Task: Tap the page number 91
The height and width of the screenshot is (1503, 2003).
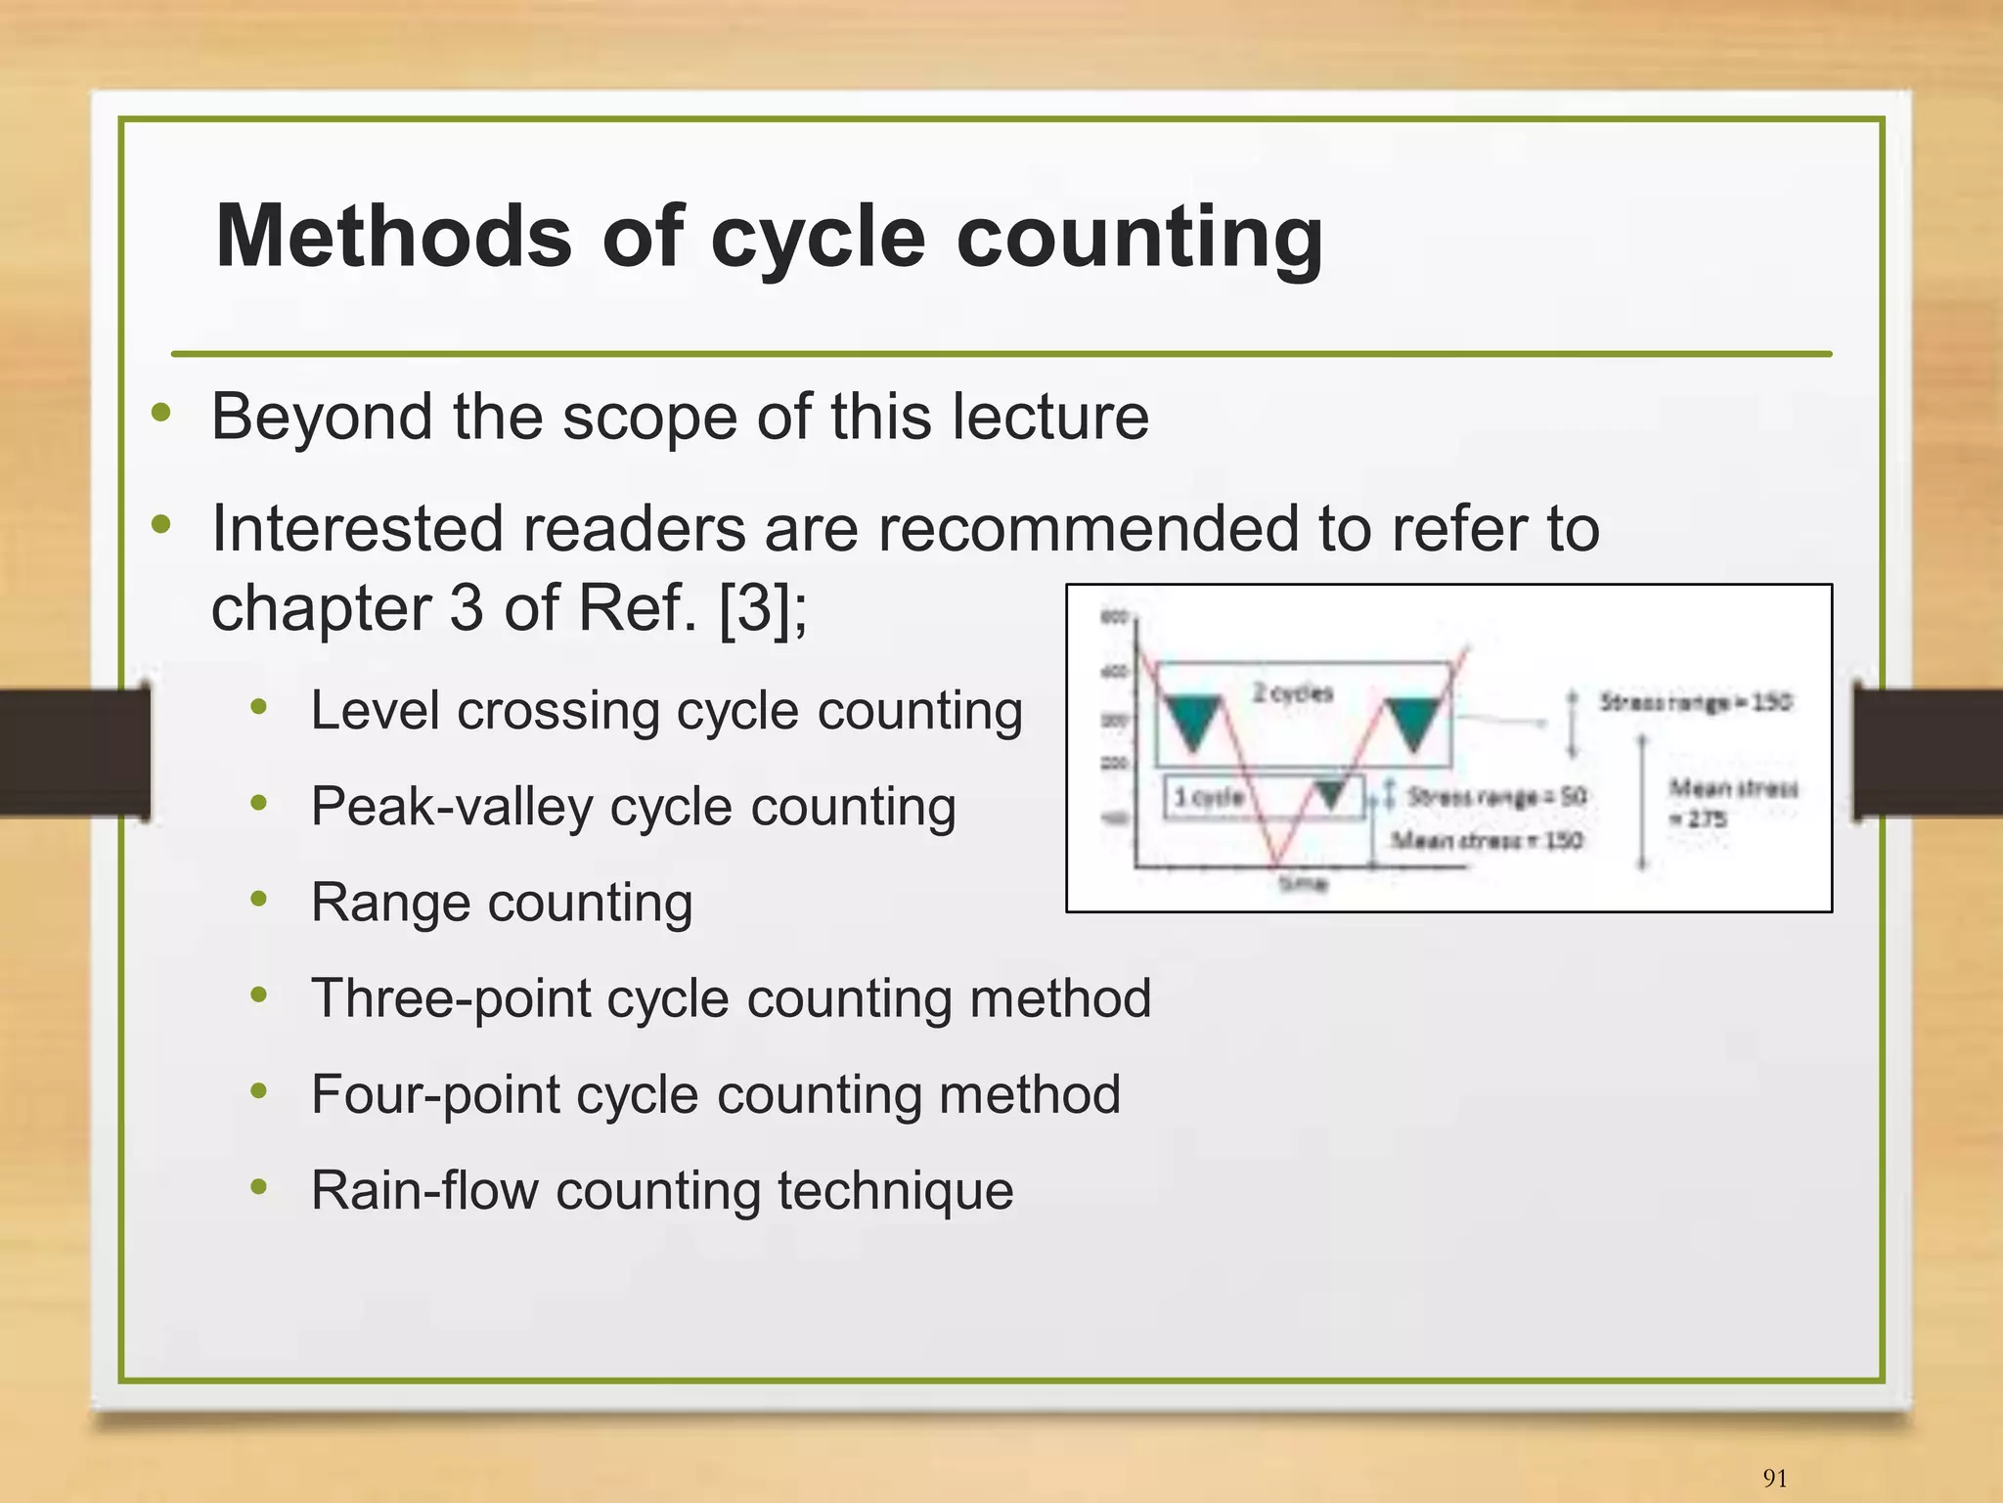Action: point(1774,1478)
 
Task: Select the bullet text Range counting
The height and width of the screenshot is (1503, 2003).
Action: point(502,902)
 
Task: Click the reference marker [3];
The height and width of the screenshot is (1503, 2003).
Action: point(763,607)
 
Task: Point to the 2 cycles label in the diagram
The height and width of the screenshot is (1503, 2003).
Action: point(1292,693)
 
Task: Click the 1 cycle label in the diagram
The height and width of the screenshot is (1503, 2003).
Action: point(1208,797)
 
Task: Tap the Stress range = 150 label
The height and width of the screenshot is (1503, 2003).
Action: point(1695,702)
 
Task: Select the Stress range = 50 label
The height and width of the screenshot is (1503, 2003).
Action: point(1496,797)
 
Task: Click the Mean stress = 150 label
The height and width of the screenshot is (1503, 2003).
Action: point(1487,840)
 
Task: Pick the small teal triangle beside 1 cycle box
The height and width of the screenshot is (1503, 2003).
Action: point(1329,794)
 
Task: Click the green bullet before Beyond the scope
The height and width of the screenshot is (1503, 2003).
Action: point(161,414)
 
